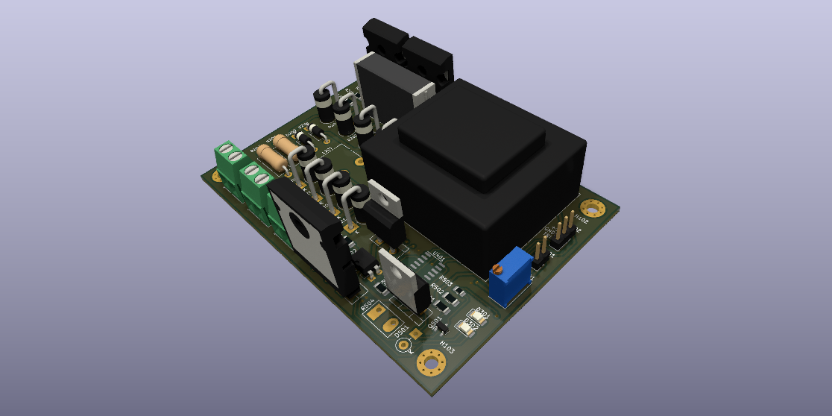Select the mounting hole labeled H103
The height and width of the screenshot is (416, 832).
click(x=431, y=363)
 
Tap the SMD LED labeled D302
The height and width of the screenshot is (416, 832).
click(x=469, y=327)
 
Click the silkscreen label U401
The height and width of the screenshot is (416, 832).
click(x=439, y=259)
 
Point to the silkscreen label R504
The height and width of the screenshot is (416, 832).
click(x=368, y=306)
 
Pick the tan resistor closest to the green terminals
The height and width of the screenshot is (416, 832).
click(x=270, y=158)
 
